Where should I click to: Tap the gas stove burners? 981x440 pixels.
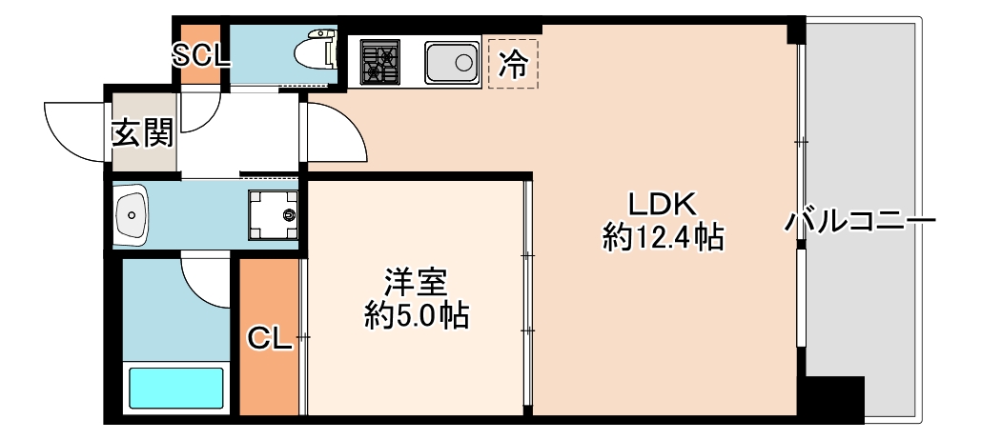(379, 62)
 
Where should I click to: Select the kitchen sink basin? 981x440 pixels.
(452, 63)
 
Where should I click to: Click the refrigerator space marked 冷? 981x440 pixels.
(513, 64)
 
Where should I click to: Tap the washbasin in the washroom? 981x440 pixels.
(132, 214)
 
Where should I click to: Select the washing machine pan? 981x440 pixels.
(274, 214)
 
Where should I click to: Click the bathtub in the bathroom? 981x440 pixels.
(176, 388)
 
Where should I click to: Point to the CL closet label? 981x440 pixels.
(270, 339)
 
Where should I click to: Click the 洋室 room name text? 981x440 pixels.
(416, 283)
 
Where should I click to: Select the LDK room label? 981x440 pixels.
(663, 204)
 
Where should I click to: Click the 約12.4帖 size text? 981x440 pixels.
(664, 237)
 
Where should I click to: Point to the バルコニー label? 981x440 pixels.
(860, 222)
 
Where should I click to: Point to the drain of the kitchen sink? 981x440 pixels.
(464, 63)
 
